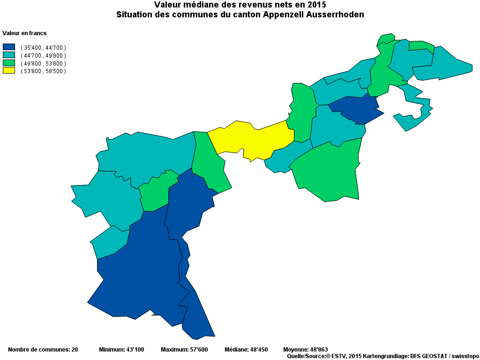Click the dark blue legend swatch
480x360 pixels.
(9, 47)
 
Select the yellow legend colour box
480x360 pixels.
(9, 71)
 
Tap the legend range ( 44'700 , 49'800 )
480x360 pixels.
(43, 55)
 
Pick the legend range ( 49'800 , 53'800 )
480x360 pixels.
(43, 63)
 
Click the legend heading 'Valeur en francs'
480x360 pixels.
(24, 33)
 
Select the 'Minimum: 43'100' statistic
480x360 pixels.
(121, 350)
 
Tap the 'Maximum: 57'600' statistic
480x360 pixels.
(184, 350)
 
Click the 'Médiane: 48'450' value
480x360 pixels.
(246, 350)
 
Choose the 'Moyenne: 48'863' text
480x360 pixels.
(305, 350)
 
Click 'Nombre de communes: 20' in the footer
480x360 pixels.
(43, 350)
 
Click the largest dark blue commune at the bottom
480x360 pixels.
(141, 277)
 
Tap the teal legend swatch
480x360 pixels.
(9, 55)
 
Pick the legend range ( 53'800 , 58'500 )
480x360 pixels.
(43, 71)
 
